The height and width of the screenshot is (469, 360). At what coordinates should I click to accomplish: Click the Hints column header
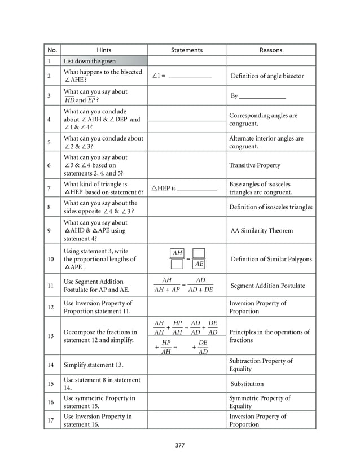click(x=104, y=50)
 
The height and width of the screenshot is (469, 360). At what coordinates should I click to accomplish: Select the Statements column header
click(x=186, y=50)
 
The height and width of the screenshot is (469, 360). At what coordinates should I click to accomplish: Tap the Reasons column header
click(x=270, y=50)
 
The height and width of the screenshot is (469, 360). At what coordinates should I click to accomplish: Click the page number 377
click(x=180, y=445)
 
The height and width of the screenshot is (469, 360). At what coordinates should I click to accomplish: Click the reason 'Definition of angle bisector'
click(x=267, y=76)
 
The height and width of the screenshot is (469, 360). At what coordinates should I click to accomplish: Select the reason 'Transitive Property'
click(x=254, y=165)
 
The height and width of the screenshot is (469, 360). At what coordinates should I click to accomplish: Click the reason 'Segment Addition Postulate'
click(x=268, y=286)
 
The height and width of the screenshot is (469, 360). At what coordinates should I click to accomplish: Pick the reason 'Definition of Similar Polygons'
click(x=271, y=259)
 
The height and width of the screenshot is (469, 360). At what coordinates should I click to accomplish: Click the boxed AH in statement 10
click(x=177, y=253)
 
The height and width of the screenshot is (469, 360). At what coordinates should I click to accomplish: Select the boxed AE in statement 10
click(x=198, y=264)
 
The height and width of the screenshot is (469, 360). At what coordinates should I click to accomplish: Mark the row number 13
click(x=50, y=336)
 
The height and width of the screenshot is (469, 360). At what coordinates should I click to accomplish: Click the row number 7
click(x=50, y=188)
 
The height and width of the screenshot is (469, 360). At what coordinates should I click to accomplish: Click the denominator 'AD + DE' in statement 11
click(x=200, y=290)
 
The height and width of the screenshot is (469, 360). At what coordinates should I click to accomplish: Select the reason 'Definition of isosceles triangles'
click(x=270, y=207)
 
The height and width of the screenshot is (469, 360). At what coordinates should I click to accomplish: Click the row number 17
click(x=50, y=420)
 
